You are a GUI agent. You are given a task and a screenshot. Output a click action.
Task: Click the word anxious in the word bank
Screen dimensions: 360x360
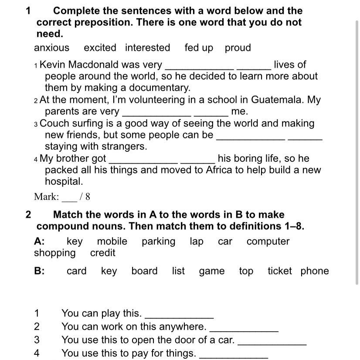51,48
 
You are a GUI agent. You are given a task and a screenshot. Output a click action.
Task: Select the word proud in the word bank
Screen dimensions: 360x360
238,48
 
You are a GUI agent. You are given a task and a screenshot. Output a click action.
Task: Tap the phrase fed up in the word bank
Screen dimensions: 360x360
199,48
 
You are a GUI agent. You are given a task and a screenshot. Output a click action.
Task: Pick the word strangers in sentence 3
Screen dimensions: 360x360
124,146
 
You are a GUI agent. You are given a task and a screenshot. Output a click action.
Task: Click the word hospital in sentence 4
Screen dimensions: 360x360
64,182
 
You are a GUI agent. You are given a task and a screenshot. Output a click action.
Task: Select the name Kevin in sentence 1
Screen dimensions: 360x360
53,65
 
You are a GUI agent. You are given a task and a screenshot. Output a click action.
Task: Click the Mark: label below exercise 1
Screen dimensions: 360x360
47,197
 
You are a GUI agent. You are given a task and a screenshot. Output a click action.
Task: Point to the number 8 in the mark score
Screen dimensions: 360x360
88,197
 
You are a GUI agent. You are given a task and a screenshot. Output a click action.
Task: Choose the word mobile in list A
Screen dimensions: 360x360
112,241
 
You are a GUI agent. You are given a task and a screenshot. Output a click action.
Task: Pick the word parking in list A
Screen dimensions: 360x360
158,241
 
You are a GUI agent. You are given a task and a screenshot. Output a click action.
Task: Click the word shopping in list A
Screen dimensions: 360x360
55,253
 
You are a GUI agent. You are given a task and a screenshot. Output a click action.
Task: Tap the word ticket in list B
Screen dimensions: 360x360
280,271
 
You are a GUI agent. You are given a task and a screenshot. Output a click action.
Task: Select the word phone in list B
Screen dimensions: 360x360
315,271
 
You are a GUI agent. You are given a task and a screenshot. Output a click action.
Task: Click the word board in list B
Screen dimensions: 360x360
144,271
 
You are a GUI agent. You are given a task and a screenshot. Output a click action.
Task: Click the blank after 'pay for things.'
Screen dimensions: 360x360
233,354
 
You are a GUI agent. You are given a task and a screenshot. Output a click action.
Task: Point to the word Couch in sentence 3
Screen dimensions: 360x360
54,123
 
